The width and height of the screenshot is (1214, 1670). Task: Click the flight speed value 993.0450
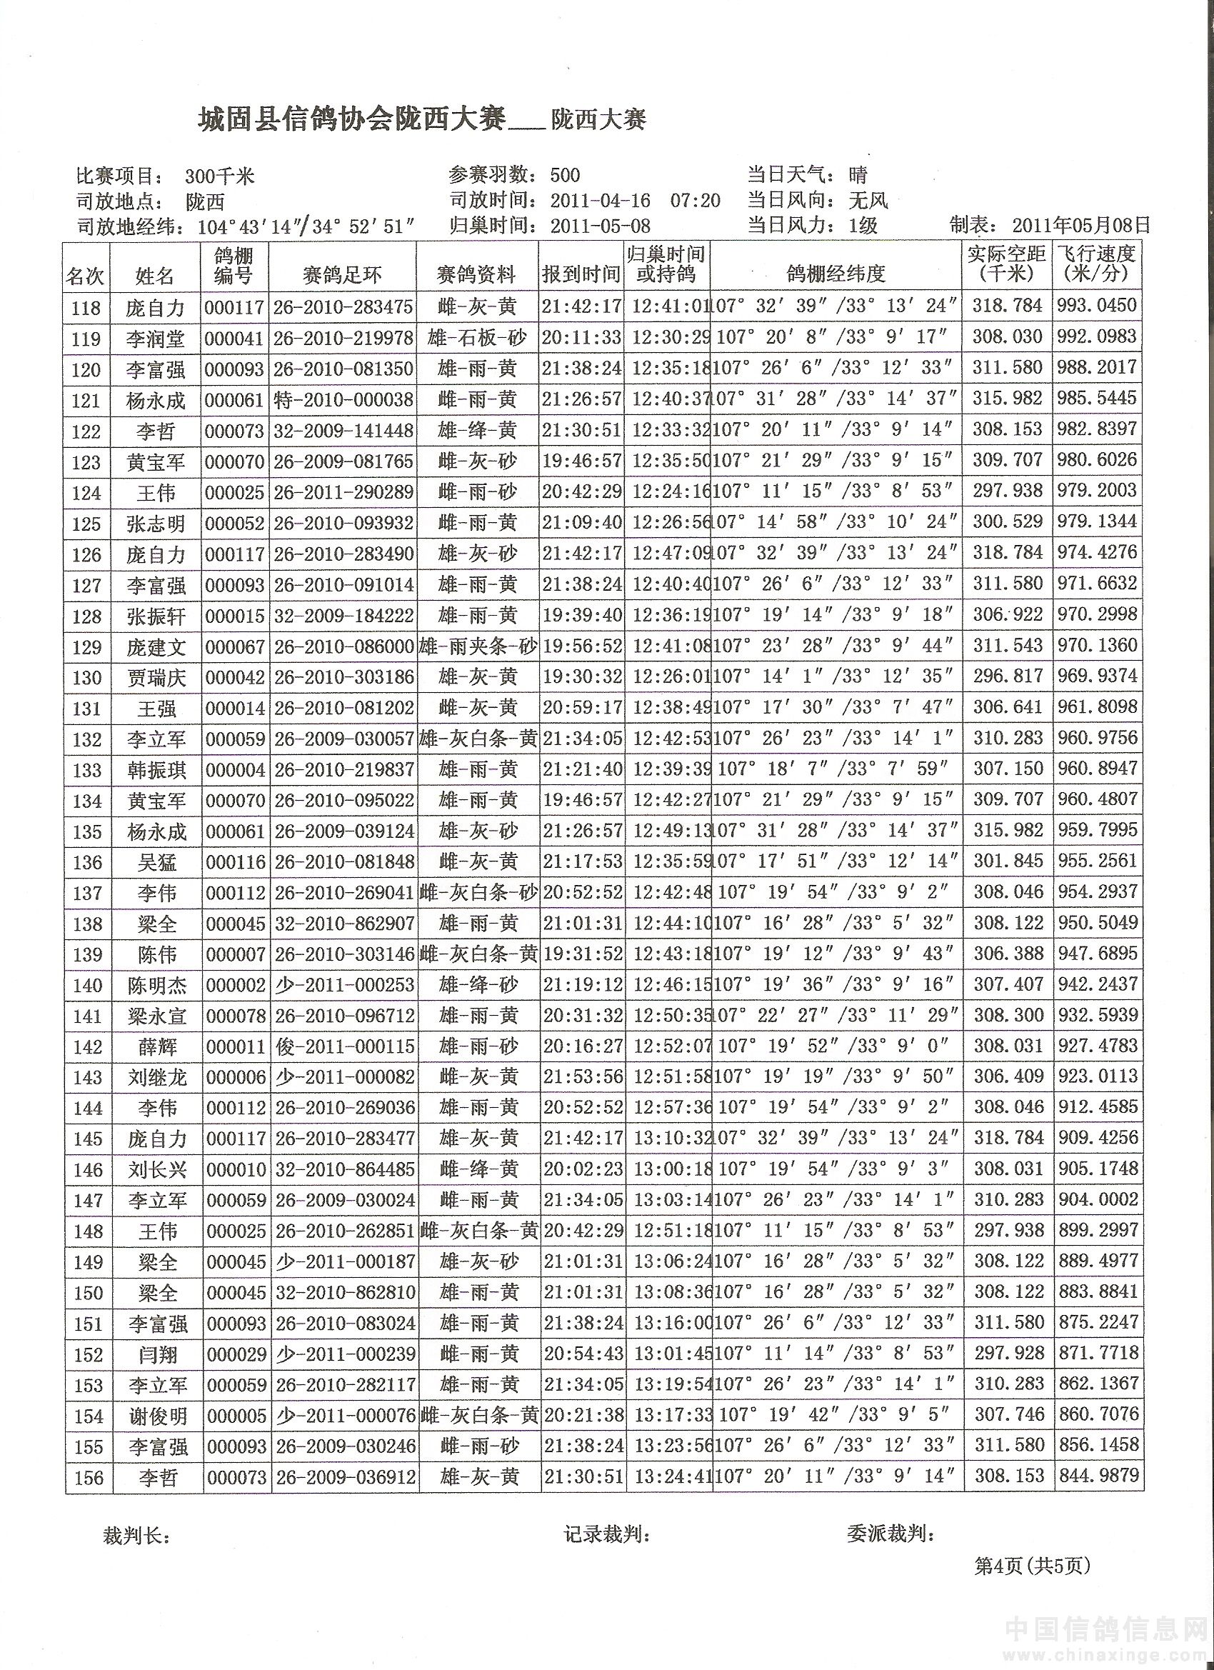1097,306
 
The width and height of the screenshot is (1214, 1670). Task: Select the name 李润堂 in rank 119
156,339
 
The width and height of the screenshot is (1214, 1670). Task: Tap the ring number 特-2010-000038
343,400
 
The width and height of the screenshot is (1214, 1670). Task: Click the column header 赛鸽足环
342,276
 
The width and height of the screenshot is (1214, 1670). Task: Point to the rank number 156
87,1477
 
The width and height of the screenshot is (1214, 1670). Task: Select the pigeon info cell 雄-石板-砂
478,338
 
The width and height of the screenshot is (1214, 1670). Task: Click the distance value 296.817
1008,676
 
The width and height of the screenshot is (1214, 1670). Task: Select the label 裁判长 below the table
137,1536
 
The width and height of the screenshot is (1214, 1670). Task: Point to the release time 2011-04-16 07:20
636,200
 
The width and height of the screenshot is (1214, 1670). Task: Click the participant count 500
565,175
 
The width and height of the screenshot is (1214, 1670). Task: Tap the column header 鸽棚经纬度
836,275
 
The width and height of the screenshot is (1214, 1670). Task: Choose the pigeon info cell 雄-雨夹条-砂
478,646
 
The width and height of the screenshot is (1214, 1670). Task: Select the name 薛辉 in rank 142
157,1046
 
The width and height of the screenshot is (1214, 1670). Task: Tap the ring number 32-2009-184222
343,616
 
